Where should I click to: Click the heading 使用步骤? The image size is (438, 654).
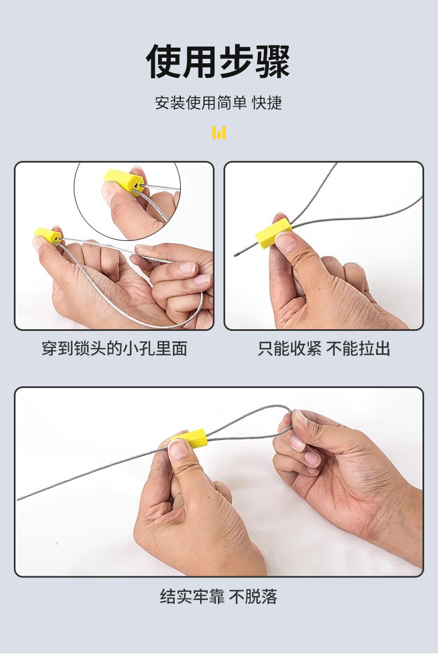tap(218, 62)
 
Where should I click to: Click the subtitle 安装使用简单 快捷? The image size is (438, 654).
tap(218, 103)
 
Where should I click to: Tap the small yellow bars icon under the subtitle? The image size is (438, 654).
tap(219, 133)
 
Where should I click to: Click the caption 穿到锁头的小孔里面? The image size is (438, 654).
tap(115, 349)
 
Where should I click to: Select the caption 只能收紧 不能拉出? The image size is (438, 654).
tap(324, 349)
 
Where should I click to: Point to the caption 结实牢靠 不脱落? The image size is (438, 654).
tap(218, 596)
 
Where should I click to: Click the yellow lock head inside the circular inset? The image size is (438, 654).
tap(124, 182)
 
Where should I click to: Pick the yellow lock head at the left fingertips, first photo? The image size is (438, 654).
tap(48, 236)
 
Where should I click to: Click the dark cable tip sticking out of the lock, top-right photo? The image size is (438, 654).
tap(238, 253)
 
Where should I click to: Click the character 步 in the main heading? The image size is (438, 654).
tap(236, 62)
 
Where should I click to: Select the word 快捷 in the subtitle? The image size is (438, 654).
tap(267, 103)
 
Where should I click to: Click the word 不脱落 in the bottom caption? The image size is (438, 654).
tap(253, 596)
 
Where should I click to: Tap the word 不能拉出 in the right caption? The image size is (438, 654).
tap(359, 349)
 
